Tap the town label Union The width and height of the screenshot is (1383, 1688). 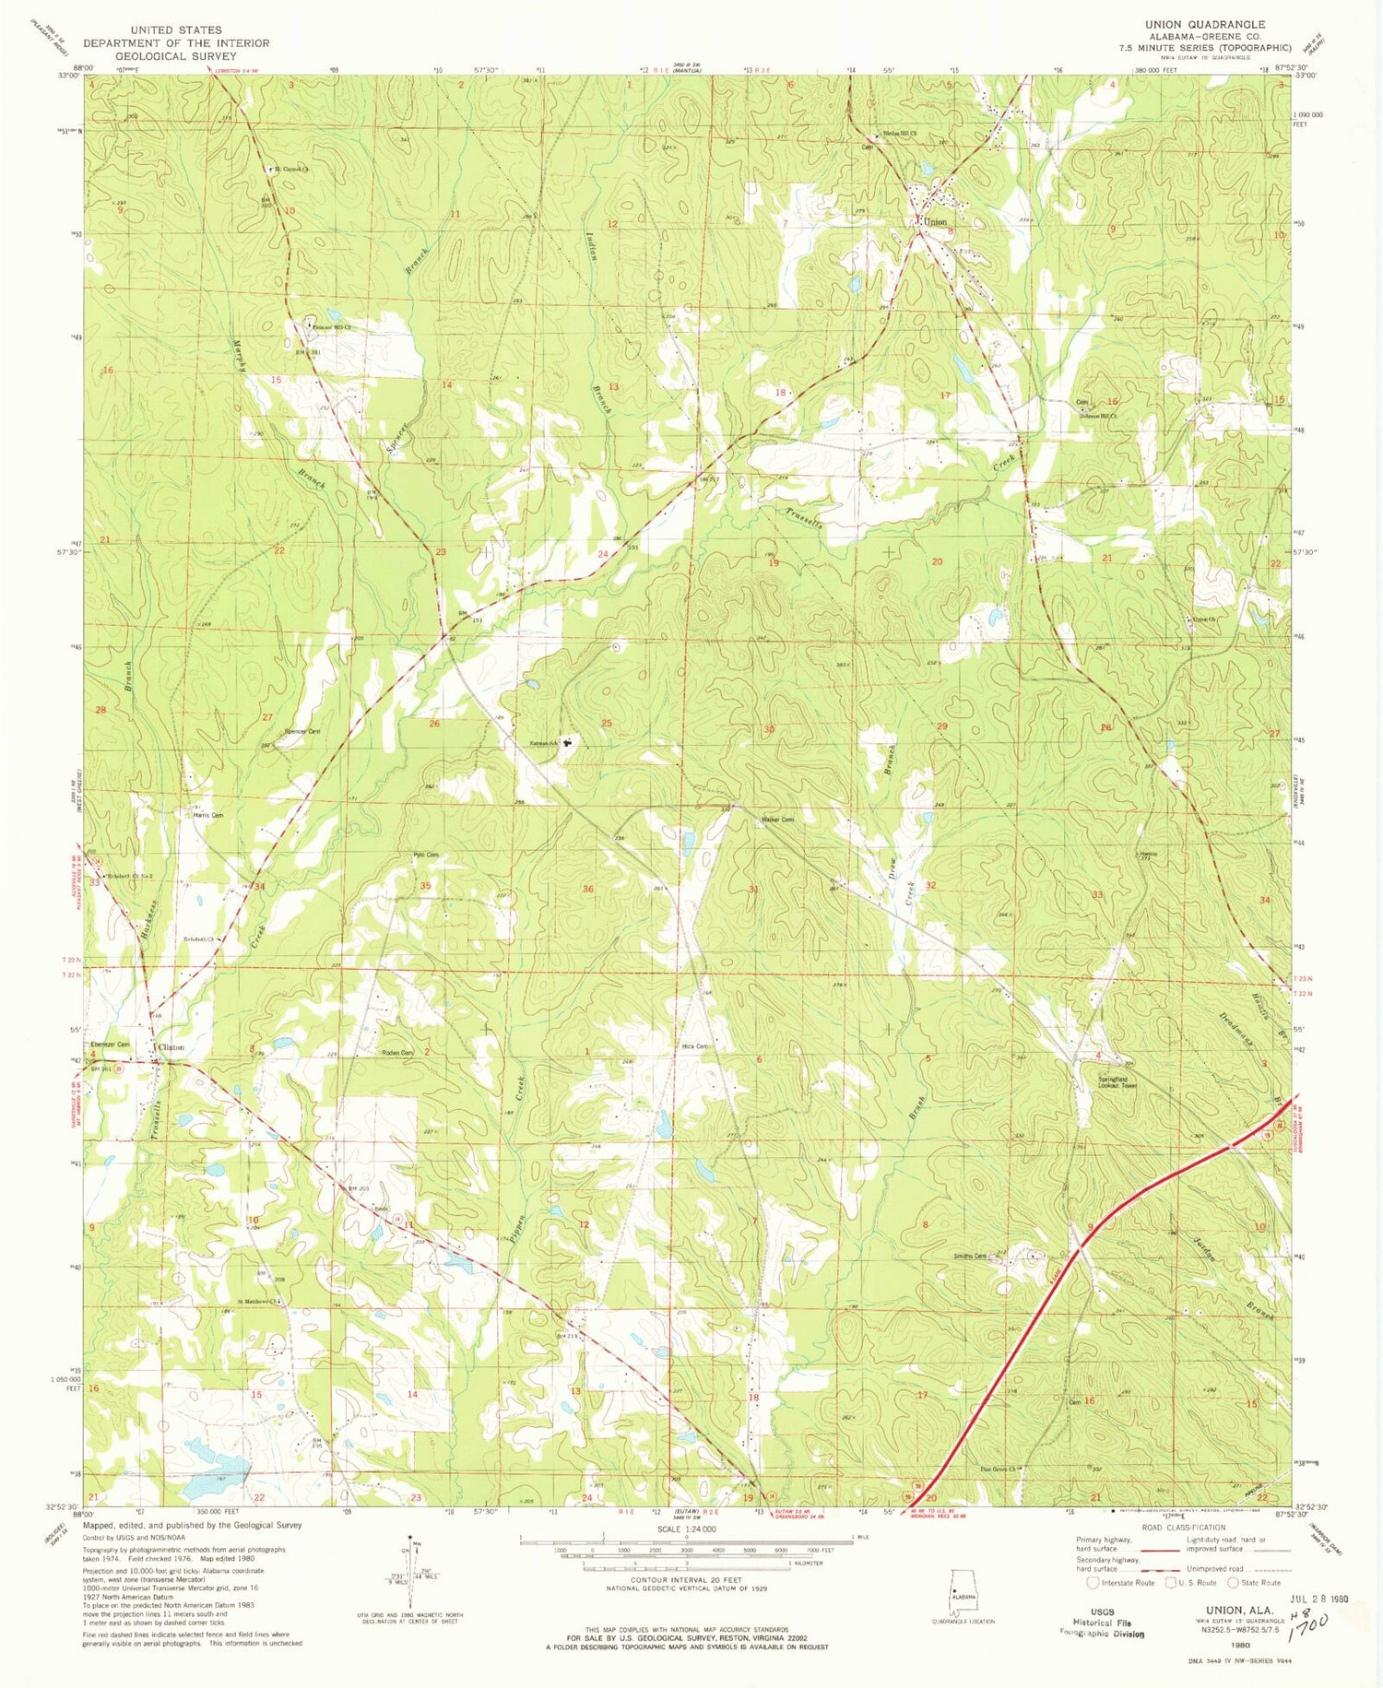point(935,222)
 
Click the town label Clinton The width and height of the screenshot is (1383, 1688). point(171,1047)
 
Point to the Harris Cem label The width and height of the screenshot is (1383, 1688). point(207,815)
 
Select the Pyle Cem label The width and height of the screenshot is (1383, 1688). point(425,856)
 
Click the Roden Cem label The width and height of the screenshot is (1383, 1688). point(396,1052)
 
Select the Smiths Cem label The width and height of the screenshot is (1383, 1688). point(971,1256)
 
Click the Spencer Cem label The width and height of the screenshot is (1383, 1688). point(301,731)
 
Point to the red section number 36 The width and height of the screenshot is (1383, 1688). point(587,889)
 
